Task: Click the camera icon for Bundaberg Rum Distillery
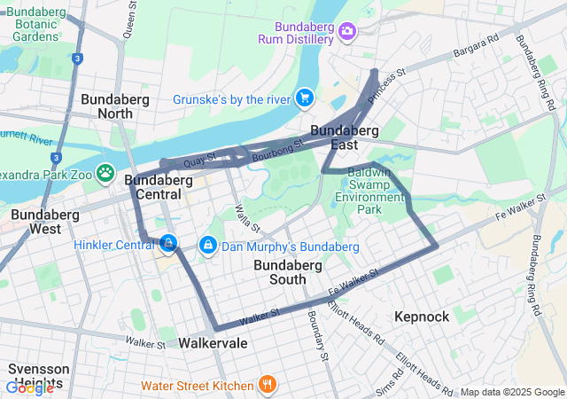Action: pyautogui.click(x=347, y=32)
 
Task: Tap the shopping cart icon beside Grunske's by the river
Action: pyautogui.click(x=305, y=97)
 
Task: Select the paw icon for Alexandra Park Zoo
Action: pyautogui.click(x=106, y=171)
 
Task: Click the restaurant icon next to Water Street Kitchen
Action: pyautogui.click(x=266, y=384)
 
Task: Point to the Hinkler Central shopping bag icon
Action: pyautogui.click(x=167, y=242)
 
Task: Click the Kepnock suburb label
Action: pyautogui.click(x=422, y=317)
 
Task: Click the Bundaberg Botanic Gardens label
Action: pyautogui.click(x=36, y=24)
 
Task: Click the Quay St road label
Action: pyautogui.click(x=199, y=161)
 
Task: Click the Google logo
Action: pyautogui.click(x=29, y=387)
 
